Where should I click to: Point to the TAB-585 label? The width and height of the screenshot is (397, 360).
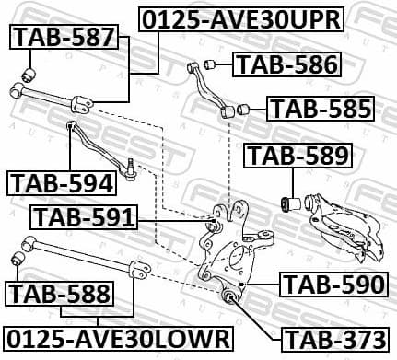point(321,109)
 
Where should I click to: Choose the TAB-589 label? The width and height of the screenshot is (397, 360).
point(296,157)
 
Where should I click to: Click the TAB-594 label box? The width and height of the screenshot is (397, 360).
point(62,182)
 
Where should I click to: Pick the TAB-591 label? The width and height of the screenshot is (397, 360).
point(85,218)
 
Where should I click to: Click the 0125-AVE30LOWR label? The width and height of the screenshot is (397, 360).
point(116,337)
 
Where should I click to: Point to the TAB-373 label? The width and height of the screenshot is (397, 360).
point(332,339)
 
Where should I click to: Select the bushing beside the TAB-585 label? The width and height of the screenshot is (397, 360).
point(244,110)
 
